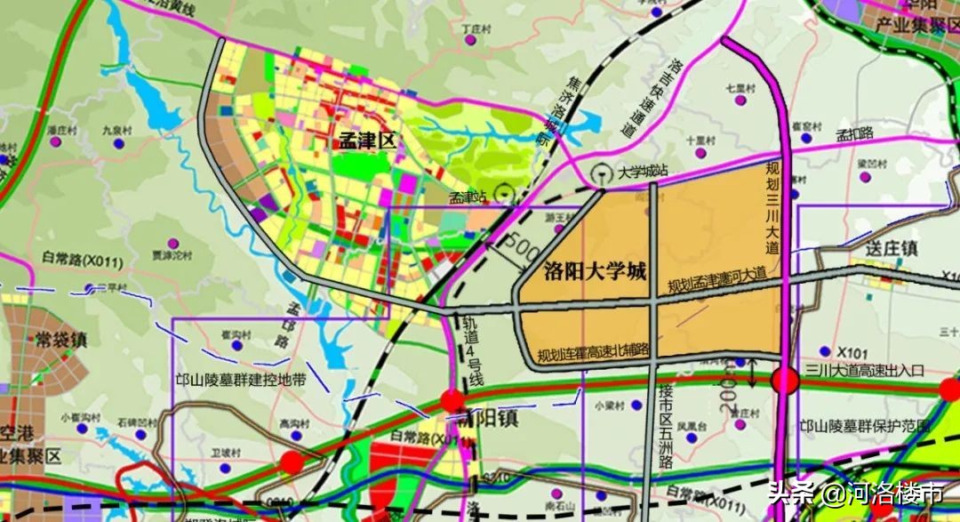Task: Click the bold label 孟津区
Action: click(366, 141)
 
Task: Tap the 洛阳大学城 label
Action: click(593, 272)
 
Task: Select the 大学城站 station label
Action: click(644, 173)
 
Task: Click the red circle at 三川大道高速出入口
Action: click(785, 381)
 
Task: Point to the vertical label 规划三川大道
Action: click(772, 210)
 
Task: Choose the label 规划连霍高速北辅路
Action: click(594, 352)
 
